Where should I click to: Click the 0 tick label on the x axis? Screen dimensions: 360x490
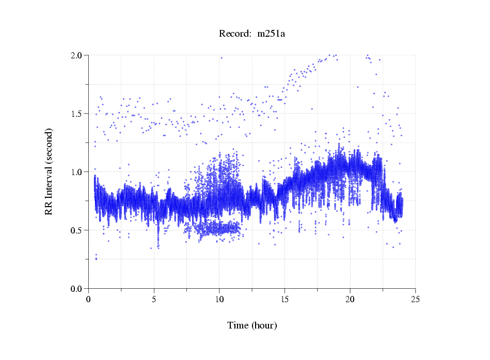88,299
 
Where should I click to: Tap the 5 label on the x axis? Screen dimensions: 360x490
154,299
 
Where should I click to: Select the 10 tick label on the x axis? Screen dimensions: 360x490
219,299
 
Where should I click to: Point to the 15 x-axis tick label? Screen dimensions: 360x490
284,299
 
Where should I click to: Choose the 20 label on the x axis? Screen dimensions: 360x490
350,299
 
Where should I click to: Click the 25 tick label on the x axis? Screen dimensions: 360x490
416,299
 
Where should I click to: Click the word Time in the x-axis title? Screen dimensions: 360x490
238,325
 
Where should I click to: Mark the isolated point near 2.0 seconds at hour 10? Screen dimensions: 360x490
222,58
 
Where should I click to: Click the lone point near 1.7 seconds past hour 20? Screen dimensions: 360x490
357,87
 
